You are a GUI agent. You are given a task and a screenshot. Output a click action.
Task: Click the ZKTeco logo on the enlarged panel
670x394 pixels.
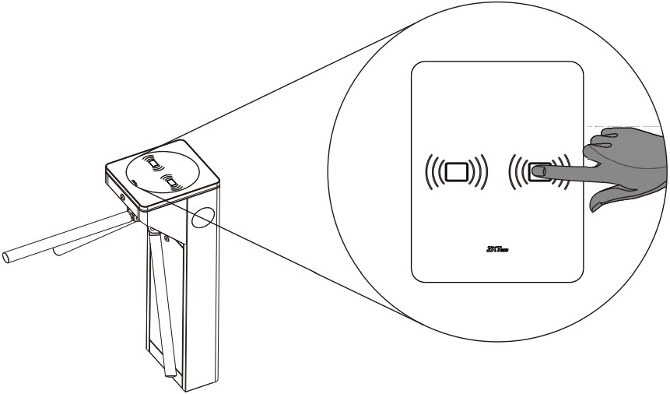(x=496, y=250)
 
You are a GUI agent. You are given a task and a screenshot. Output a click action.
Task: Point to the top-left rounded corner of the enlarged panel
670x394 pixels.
(x=420, y=67)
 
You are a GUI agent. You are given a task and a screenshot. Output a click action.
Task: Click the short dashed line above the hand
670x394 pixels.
(x=630, y=125)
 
